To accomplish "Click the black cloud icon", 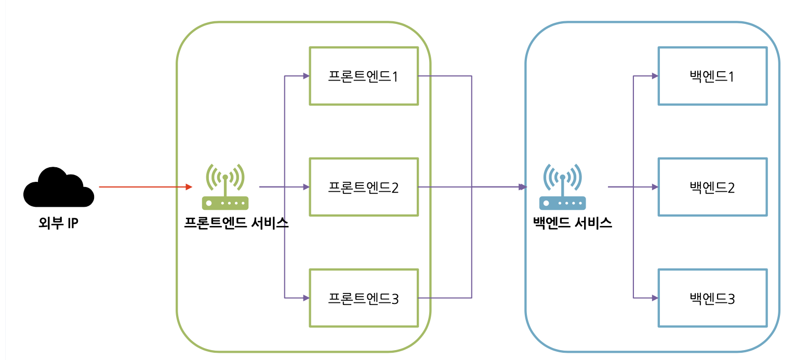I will [x=58, y=186].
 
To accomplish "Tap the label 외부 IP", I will [x=58, y=224].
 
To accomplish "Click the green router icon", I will [x=225, y=187].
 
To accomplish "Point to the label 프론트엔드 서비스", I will [x=236, y=223].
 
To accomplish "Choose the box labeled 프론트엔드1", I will [x=363, y=76].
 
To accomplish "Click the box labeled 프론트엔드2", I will [x=363, y=186].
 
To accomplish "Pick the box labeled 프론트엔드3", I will [x=363, y=298].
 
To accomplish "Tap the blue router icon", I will [x=562, y=187].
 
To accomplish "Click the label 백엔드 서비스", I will [x=573, y=223].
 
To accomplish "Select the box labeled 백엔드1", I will [x=712, y=76].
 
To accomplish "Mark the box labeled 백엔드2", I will [x=712, y=186].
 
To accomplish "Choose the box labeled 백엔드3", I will [x=712, y=298].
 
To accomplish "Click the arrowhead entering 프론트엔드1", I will [x=306, y=76].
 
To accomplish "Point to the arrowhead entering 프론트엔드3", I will [x=306, y=298].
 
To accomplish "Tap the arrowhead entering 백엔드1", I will [x=655, y=76].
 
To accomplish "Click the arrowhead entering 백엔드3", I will [x=655, y=298].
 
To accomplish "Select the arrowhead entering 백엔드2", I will [x=655, y=186].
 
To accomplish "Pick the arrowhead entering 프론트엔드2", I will [x=306, y=186].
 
